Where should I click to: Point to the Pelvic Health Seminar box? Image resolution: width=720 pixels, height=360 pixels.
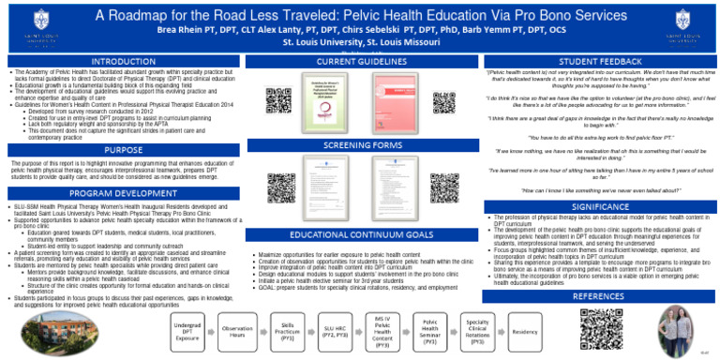point(429,332)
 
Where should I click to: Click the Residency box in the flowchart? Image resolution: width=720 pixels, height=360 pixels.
point(525,332)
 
